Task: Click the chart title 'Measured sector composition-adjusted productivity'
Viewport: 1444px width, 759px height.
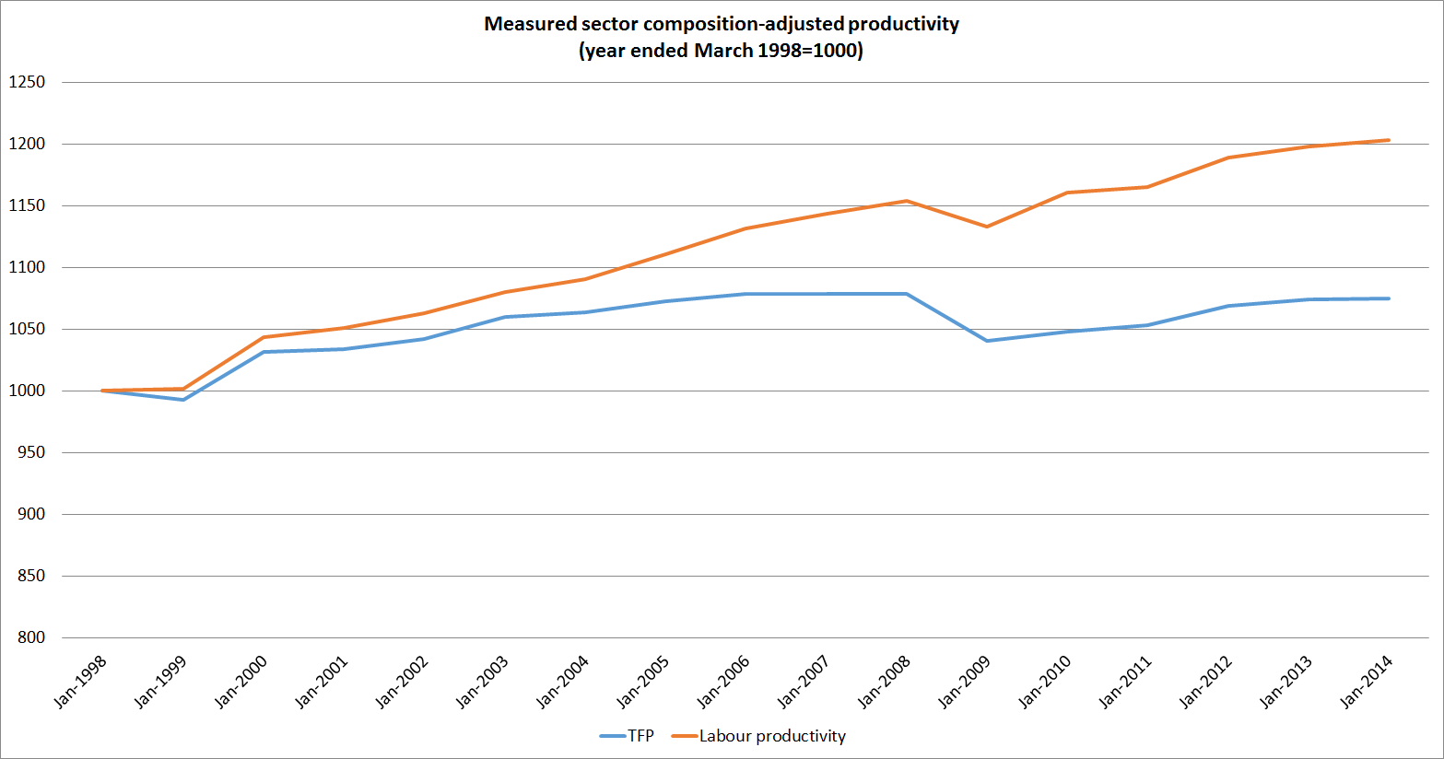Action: pos(722,24)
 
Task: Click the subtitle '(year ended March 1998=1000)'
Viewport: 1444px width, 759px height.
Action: pos(722,51)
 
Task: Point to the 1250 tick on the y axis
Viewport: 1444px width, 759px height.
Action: pos(27,82)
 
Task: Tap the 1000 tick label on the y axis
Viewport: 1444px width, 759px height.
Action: pos(27,391)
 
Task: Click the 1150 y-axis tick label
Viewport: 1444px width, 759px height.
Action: pos(27,205)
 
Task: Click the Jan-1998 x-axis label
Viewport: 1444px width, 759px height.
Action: pos(81,682)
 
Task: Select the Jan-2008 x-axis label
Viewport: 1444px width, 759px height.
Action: pos(885,682)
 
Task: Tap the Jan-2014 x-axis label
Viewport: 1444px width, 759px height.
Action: pos(1367,682)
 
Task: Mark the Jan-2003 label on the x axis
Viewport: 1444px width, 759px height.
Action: pos(483,682)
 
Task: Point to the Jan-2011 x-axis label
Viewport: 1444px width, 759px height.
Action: pos(1125,682)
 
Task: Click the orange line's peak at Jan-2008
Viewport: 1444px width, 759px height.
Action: pos(907,201)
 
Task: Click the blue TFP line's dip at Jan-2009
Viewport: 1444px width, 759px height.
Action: pos(987,341)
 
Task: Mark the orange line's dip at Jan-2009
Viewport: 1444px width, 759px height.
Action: pos(987,227)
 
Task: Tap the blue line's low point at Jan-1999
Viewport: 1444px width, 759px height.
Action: pos(183,400)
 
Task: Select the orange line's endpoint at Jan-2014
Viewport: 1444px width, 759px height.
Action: pos(1389,140)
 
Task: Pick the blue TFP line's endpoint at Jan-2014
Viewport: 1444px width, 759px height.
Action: pos(1389,298)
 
